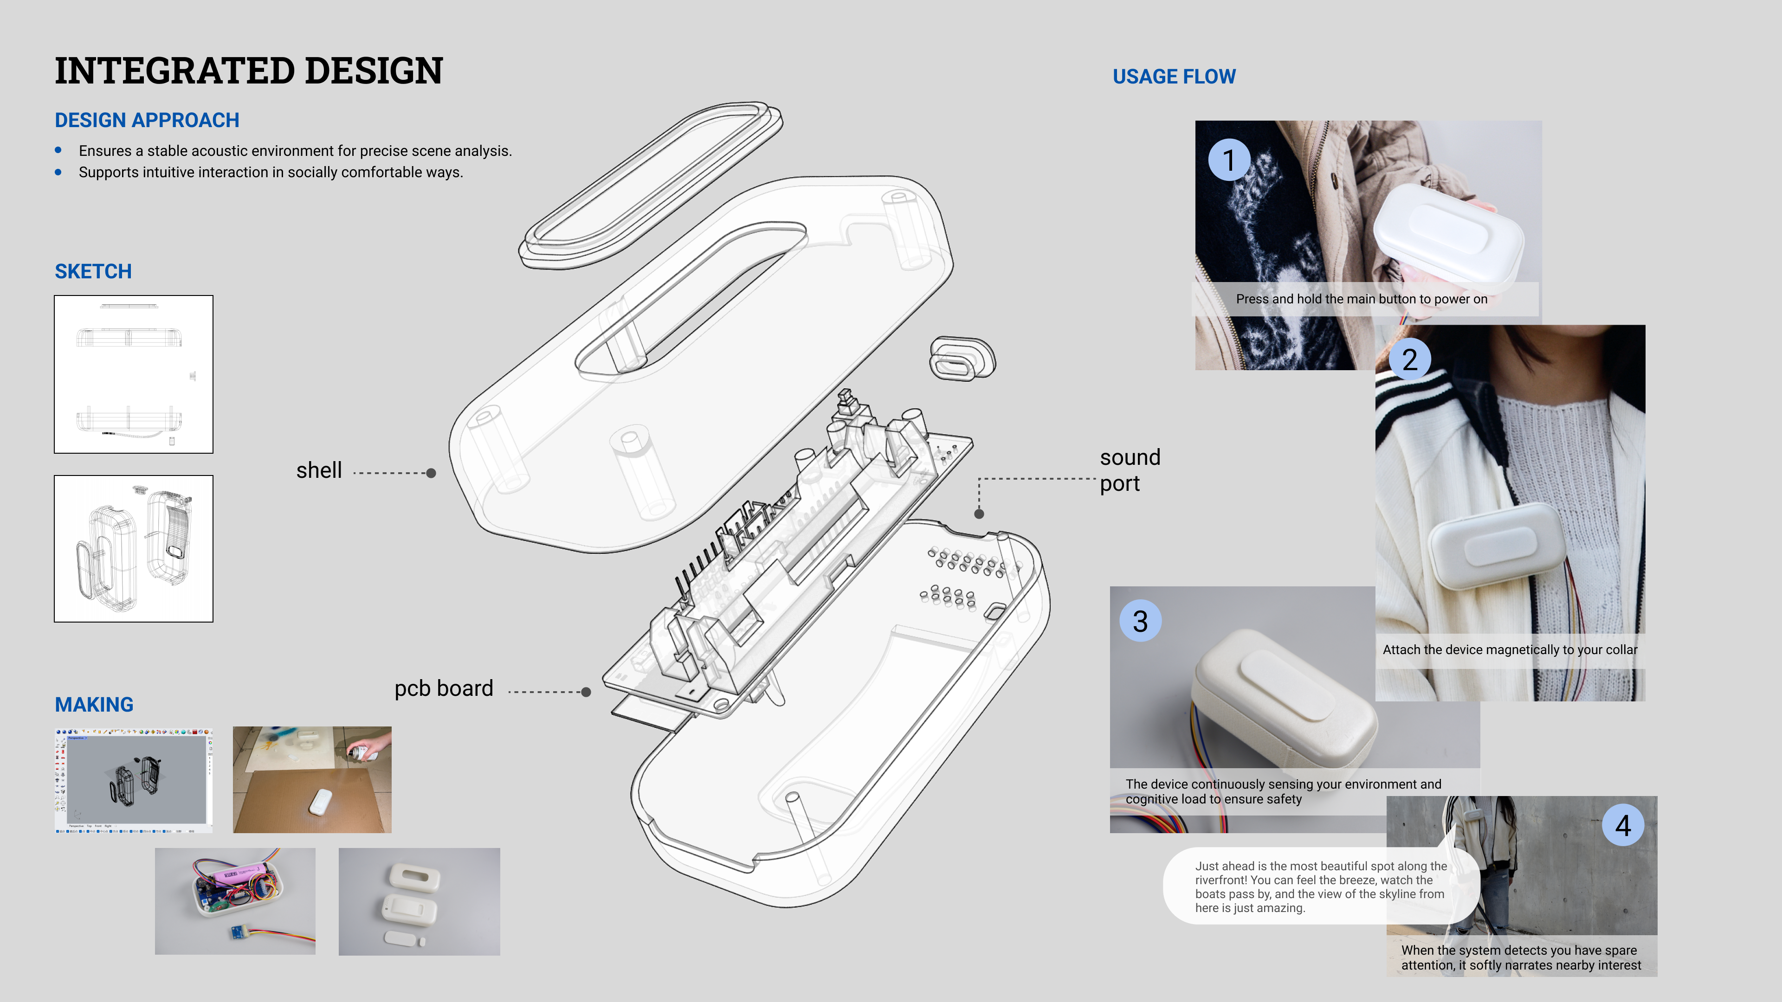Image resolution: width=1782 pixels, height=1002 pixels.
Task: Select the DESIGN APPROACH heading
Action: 147,120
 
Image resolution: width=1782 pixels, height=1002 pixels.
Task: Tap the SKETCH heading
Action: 93,271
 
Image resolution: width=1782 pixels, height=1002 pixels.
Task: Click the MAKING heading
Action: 94,705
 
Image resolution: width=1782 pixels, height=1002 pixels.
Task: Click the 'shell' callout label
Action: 319,470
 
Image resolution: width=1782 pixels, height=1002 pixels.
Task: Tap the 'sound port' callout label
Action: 1129,470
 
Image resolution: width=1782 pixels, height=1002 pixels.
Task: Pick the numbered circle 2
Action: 1409,360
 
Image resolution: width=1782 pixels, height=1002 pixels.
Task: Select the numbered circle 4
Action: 1623,825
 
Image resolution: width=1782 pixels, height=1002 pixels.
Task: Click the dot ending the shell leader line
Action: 431,474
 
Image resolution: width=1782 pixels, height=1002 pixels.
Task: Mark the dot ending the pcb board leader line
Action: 586,692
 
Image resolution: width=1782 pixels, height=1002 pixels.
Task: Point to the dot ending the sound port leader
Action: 979,514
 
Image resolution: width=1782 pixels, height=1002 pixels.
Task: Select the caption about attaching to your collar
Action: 1510,650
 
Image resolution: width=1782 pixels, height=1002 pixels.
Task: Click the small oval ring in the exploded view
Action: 962,358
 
